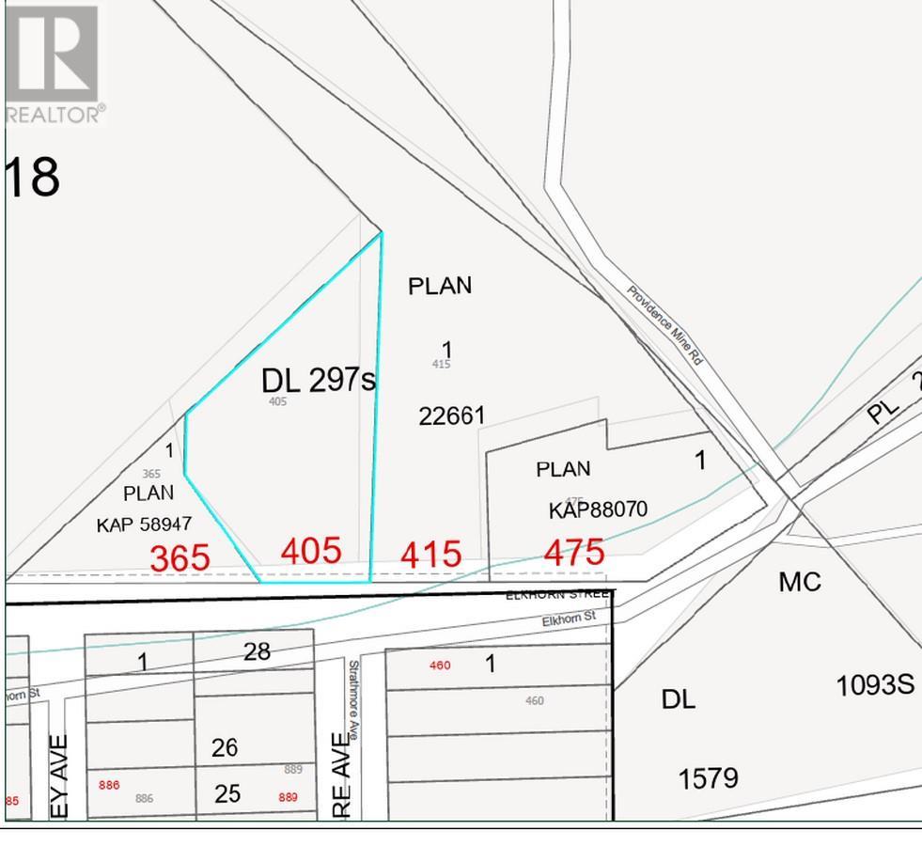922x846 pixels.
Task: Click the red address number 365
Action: (180, 556)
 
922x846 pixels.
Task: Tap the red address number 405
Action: (311, 551)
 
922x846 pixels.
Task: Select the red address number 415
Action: (431, 554)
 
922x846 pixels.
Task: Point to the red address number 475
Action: (573, 552)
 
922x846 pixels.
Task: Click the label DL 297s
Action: (318, 380)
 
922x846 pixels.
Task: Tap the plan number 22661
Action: (452, 415)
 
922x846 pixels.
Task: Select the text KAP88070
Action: (598, 510)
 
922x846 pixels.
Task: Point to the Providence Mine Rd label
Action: (664, 325)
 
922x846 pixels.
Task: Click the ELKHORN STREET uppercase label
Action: (559, 595)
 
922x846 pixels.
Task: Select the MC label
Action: (800, 582)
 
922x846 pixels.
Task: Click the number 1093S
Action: (875, 684)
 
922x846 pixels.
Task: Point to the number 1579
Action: (708, 778)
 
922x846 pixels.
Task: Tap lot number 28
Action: (258, 650)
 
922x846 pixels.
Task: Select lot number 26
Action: (225, 747)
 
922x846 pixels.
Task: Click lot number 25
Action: (227, 793)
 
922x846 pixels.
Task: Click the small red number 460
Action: (439, 666)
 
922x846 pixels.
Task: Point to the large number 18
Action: (34, 177)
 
